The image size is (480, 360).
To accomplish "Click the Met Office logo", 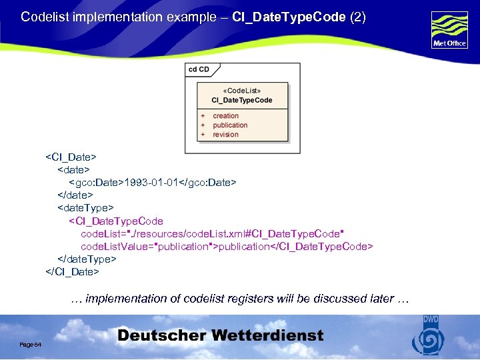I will point(449,29).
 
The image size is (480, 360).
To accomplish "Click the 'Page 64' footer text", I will point(31,344).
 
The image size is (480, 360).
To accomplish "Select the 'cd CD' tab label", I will point(199,69).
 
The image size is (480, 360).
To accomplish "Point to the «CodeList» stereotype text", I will point(241,90).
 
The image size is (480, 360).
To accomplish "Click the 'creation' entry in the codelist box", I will point(225,116).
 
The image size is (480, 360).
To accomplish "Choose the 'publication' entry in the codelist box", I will point(230,125).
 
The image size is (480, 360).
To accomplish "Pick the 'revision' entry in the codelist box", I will point(225,135).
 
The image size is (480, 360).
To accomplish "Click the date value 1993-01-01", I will point(152,182).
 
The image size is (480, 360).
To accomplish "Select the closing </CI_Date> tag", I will point(72,271).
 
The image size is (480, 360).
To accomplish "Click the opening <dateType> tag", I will point(85,208).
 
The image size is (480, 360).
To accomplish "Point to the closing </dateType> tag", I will point(87,259).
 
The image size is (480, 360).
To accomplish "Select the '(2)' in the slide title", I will point(357,17).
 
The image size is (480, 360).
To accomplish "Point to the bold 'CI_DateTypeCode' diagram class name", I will point(242,100).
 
